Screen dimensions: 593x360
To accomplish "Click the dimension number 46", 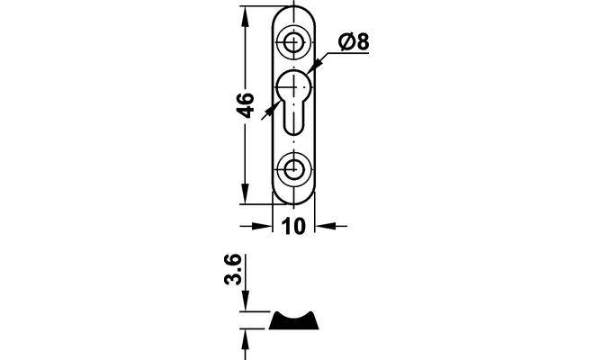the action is (245, 105).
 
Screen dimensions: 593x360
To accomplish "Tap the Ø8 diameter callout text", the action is (354, 41).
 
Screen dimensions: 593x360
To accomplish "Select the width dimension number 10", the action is (293, 226).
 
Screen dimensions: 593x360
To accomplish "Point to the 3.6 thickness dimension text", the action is (233, 269).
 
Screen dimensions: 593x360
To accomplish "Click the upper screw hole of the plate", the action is (293, 41).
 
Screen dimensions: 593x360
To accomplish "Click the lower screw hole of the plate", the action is (293, 168).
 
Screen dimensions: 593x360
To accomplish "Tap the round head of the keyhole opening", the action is (294, 86).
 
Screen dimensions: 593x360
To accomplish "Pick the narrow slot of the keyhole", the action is (294, 117).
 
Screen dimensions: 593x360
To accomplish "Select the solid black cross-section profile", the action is (293, 320).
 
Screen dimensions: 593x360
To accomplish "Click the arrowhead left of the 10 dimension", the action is (263, 226).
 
